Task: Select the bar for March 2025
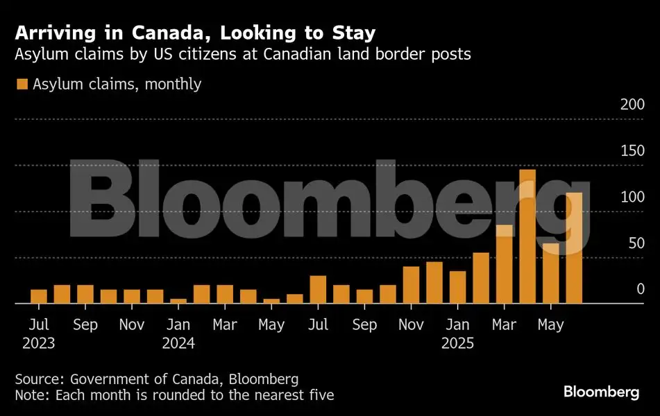point(504,264)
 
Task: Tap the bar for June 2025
point(574,248)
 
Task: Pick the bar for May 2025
point(550,273)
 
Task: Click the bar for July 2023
point(39,297)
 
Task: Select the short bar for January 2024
point(178,301)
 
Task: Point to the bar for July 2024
point(318,290)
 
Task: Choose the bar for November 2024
point(411,285)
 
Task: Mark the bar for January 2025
point(457,287)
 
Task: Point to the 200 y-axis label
point(632,105)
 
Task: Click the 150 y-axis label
point(632,151)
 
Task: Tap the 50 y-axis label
point(636,243)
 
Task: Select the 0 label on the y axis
point(641,290)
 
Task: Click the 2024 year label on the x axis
point(178,343)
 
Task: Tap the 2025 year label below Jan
point(457,343)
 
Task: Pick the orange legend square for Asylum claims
point(22,85)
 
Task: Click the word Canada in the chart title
point(149,33)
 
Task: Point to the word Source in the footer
point(37,379)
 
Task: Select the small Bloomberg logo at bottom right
point(601,392)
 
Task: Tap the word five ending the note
point(321,395)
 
